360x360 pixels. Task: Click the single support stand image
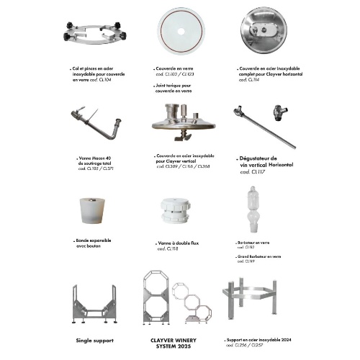[x=95, y=305]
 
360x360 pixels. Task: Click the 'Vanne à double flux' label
[x=176, y=244]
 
